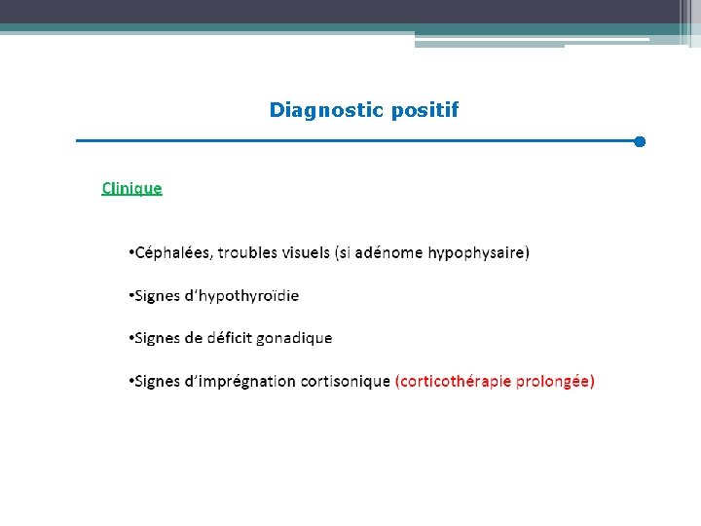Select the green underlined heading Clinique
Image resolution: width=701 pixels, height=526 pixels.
pyautogui.click(x=132, y=188)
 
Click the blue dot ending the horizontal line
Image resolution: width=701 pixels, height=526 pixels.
pyautogui.click(x=640, y=142)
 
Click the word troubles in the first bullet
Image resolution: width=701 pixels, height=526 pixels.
pyautogui.click(x=247, y=253)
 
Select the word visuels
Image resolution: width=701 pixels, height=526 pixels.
pyautogui.click(x=305, y=253)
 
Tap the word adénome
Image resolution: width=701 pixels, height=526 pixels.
pyautogui.click(x=388, y=253)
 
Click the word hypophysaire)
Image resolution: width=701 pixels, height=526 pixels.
pyautogui.click(x=479, y=253)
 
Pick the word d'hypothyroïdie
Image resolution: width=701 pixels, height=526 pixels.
pyautogui.click(x=241, y=296)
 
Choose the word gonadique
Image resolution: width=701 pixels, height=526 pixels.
pyautogui.click(x=295, y=338)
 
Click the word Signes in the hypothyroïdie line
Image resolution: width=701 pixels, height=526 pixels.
pyautogui.click(x=156, y=296)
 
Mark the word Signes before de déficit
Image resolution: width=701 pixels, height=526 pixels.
pyautogui.click(x=156, y=338)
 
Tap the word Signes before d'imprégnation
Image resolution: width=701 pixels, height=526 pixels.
pyautogui.click(x=156, y=381)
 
